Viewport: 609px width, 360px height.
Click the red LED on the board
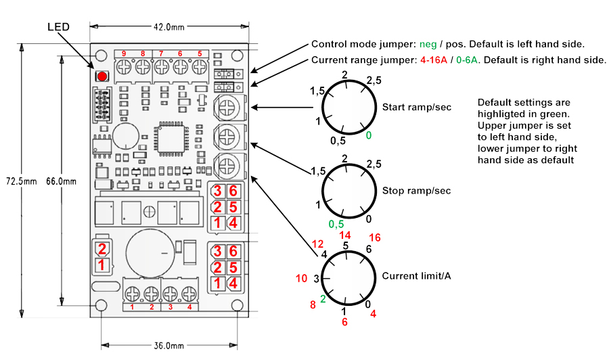point(101,76)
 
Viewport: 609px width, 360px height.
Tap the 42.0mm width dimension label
point(168,27)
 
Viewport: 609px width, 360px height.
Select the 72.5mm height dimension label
point(22,181)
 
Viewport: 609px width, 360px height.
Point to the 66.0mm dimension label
point(61,181)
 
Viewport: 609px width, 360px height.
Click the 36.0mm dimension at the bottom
point(168,346)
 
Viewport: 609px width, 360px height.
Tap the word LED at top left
point(59,27)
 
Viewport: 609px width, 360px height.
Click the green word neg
point(428,45)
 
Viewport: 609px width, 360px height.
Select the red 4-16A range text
point(434,60)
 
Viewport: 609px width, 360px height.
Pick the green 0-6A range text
point(467,60)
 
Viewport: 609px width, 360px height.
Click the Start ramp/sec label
point(417,107)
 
